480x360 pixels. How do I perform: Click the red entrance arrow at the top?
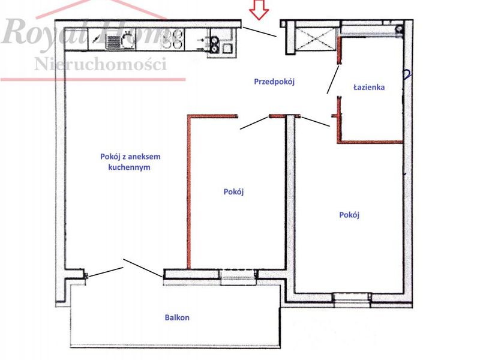[259, 10]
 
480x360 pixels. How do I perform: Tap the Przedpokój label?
[274, 82]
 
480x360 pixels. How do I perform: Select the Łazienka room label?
[369, 87]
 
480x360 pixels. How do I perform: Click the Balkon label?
[177, 317]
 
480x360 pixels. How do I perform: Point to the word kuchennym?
[129, 167]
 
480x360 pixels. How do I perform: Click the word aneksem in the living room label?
[144, 157]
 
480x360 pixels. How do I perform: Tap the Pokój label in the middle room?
[233, 192]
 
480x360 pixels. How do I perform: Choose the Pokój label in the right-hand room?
[349, 215]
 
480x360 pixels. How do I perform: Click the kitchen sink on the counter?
[121, 41]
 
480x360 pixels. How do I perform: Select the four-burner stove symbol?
[173, 39]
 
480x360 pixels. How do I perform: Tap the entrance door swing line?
[260, 32]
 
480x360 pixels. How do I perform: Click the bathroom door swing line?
[333, 79]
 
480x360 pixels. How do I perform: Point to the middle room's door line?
[254, 123]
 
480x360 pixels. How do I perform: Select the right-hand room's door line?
[316, 122]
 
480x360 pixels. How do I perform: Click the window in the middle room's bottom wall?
[238, 277]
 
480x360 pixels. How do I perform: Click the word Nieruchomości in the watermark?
[101, 64]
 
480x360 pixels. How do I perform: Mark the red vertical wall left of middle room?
[189, 192]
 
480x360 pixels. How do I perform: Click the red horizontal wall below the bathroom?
[370, 142]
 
